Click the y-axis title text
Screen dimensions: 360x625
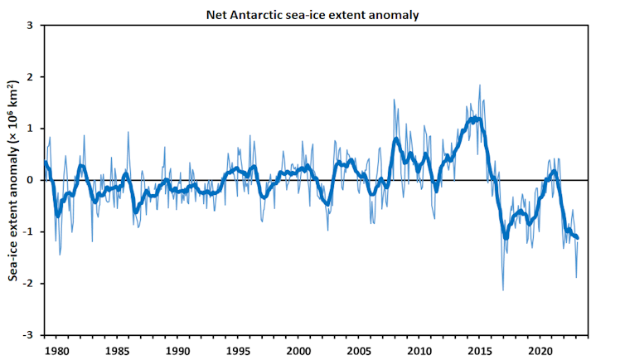click(x=13, y=180)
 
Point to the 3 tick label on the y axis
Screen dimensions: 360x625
click(x=31, y=26)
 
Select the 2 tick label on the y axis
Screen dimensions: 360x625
click(x=31, y=77)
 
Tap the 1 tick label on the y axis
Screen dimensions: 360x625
click(x=31, y=129)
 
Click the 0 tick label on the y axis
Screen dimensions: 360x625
click(x=31, y=180)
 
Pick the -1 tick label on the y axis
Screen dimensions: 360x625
click(x=29, y=232)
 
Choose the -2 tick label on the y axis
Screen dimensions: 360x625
click(x=29, y=284)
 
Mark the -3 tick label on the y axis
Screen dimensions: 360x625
click(x=29, y=335)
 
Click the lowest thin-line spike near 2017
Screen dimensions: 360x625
click(x=503, y=289)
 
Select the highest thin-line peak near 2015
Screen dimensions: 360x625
click(x=479, y=85)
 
